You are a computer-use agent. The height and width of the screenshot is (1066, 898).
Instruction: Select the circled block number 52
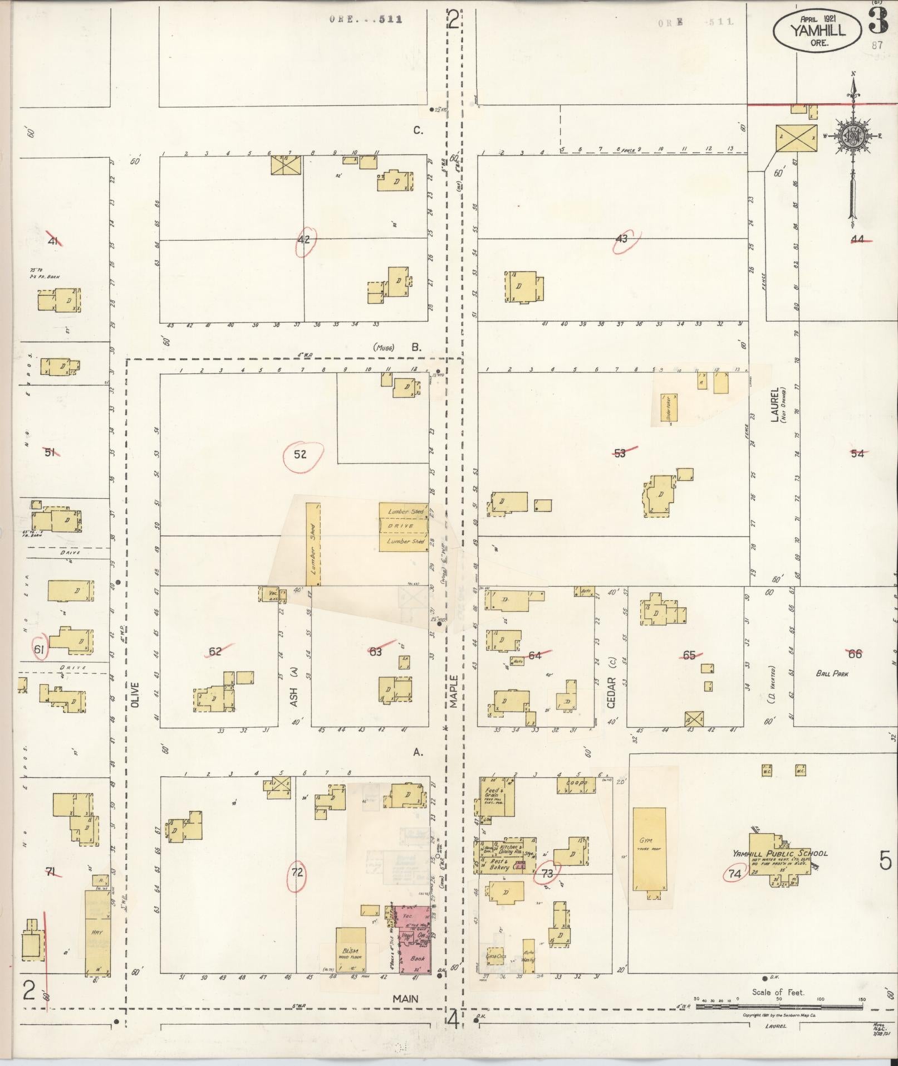pos(301,454)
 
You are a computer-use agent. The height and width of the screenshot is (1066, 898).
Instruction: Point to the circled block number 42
pos(304,240)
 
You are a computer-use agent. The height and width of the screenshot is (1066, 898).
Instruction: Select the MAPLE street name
pos(454,692)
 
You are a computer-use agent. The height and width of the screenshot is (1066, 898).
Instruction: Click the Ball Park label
pos(832,673)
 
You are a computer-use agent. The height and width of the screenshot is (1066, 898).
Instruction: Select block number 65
pos(689,655)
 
